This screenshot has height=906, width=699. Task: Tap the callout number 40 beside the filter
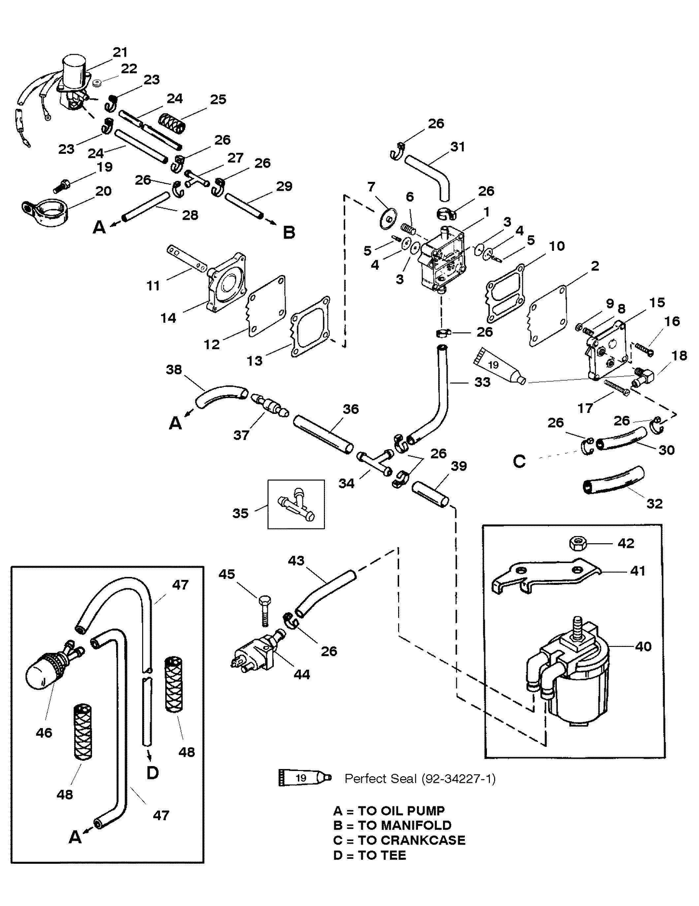(643, 646)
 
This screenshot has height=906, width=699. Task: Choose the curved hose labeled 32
(614, 480)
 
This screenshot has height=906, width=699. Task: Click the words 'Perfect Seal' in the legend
(380, 779)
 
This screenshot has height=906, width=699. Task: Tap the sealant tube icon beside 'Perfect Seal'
(305, 778)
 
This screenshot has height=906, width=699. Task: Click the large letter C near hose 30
(520, 461)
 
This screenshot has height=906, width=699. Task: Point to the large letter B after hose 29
(289, 232)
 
